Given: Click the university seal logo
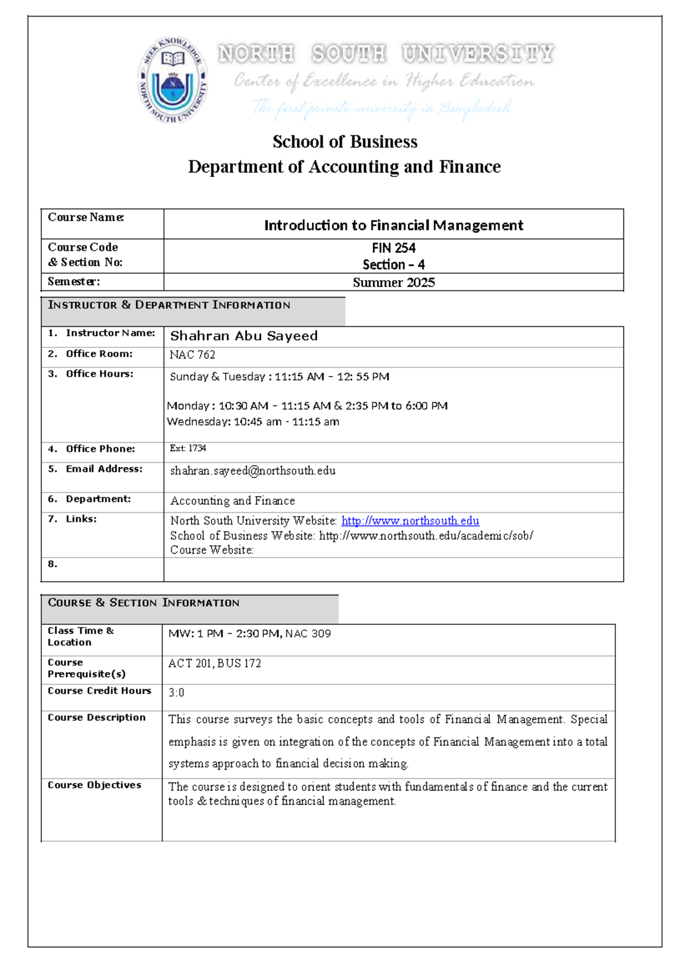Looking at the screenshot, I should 172,80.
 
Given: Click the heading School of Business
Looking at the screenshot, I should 345,141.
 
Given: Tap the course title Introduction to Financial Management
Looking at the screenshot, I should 393,225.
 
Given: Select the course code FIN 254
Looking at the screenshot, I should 393,248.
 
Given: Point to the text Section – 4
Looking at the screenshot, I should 393,264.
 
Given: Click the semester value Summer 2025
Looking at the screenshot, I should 393,282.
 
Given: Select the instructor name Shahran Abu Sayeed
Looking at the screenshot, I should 244,336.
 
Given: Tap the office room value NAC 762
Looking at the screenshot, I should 192,355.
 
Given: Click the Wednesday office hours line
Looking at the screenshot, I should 253,421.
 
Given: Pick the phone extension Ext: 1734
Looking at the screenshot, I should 188,448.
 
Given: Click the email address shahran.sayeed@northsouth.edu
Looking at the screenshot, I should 253,470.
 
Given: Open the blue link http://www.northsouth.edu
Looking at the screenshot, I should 410,520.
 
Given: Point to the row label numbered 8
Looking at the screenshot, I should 52,564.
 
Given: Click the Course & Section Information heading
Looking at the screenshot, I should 144,602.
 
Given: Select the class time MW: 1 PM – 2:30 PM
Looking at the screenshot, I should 224,634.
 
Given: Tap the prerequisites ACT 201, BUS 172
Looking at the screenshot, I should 214,663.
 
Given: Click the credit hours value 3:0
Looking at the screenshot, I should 176,693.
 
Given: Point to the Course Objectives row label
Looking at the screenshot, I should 94,785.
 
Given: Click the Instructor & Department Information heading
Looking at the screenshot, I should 169,305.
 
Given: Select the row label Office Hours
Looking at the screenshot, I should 99,374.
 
